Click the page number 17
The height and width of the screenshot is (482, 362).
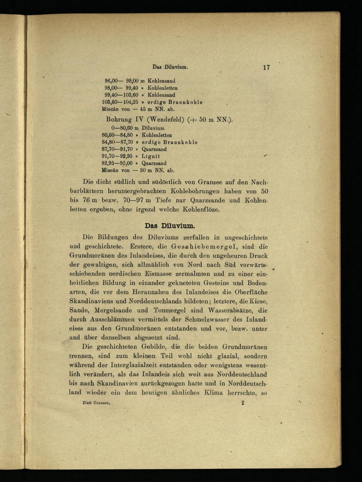[x=266, y=67]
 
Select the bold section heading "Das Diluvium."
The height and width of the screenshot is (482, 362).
[x=170, y=226]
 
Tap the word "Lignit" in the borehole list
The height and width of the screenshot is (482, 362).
[x=151, y=156]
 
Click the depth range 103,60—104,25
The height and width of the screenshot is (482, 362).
[x=118, y=102]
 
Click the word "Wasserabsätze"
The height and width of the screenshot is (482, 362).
[x=230, y=310]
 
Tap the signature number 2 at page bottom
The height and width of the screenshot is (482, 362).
[x=243, y=402]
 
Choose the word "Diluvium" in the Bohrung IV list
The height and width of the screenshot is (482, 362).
[x=153, y=128]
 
